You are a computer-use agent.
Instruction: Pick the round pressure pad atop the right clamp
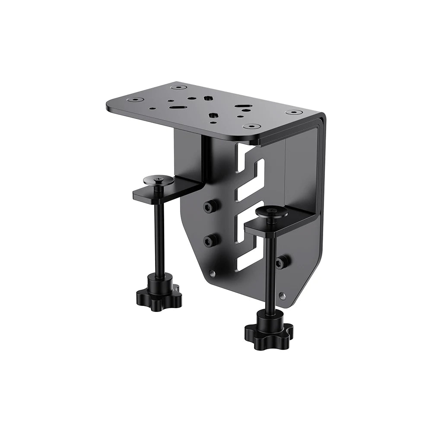(271, 212)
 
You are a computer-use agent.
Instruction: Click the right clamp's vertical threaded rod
(270, 272)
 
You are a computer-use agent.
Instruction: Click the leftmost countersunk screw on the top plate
(137, 99)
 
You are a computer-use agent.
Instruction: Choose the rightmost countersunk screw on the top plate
(294, 112)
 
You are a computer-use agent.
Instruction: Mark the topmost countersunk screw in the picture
(178, 87)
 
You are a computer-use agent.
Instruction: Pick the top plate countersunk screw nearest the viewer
(251, 127)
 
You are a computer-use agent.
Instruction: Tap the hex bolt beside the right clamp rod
(283, 262)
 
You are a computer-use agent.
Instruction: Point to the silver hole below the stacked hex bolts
(212, 273)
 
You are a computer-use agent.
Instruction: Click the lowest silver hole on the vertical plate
(282, 296)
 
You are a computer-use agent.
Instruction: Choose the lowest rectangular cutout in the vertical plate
(250, 259)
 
